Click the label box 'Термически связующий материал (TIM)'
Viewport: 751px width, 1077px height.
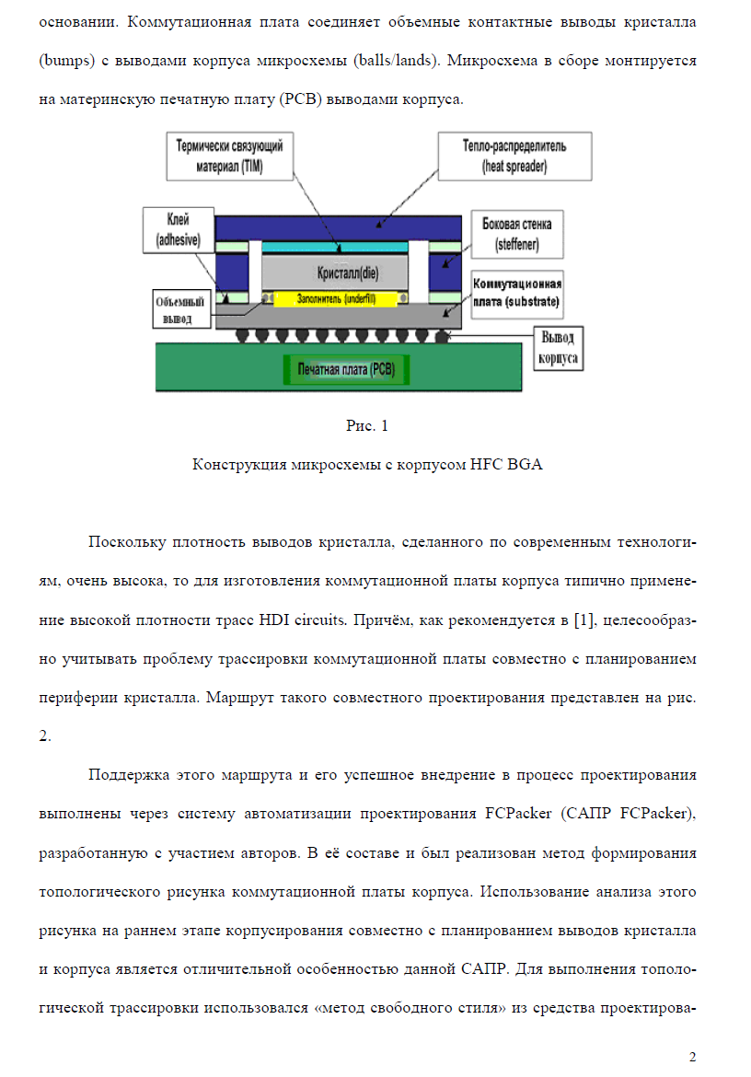point(229,156)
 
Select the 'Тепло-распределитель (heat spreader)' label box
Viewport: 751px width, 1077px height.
point(514,156)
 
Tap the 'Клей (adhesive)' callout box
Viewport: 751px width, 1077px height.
point(179,230)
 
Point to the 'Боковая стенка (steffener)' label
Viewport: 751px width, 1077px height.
point(517,234)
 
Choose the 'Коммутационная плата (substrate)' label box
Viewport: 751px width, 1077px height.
point(517,294)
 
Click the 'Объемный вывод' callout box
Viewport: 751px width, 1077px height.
point(180,310)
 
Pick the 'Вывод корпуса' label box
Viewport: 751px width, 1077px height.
point(558,348)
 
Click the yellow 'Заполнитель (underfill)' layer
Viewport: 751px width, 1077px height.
point(336,299)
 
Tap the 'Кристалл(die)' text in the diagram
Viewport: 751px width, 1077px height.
point(347,272)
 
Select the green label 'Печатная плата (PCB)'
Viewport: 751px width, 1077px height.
point(346,369)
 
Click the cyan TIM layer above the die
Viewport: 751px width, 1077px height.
point(335,247)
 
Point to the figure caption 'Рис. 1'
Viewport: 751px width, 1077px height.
point(367,426)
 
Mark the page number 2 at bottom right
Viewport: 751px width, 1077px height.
point(693,1057)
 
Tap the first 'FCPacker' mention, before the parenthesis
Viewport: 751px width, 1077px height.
point(518,813)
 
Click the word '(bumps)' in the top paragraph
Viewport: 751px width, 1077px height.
point(66,61)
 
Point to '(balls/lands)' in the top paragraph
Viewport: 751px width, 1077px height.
point(397,61)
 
